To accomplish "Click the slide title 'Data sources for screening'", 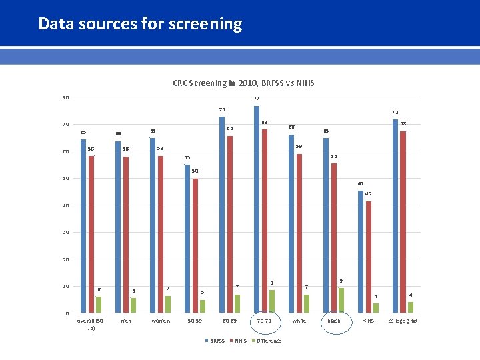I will coord(140,24).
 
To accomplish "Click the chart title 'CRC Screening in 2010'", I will coord(243,83).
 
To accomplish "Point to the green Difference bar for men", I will coord(134,305).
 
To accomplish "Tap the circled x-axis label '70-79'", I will coord(264,321).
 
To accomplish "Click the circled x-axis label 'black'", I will coord(334,321).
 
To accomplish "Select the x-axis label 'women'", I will coord(161,321).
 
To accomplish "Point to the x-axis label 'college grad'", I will coord(403,321).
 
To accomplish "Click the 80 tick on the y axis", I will coord(65,98).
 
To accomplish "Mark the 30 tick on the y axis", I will coord(65,233).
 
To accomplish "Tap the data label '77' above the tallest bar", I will coord(257,99).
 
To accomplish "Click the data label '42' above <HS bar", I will coord(368,194).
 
